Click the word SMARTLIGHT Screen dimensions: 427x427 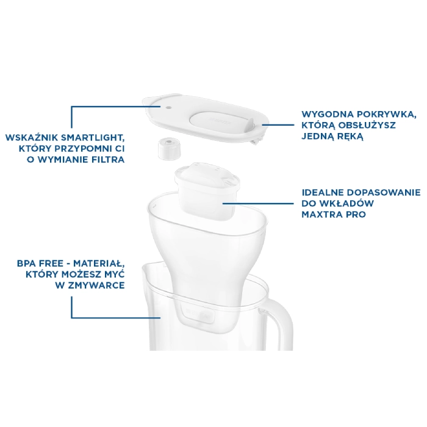pos(93,138)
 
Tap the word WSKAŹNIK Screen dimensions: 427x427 pos(32,137)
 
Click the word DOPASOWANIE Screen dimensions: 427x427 pos(384,193)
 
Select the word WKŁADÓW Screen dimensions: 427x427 pos(346,203)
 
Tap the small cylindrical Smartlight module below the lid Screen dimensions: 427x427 pos(170,149)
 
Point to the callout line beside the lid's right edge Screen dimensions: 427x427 pos(278,125)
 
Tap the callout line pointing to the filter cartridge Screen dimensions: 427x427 pos(258,203)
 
